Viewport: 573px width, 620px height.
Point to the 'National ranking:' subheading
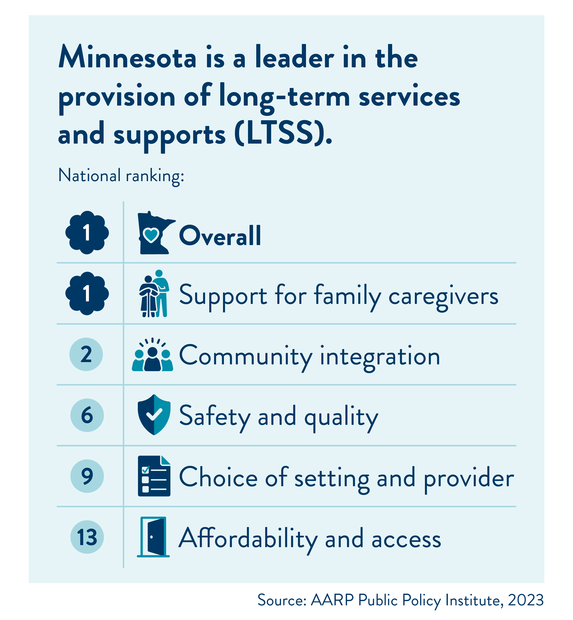121,176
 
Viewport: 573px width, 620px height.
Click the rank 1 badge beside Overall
87,233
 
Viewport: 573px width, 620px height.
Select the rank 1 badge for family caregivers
87,293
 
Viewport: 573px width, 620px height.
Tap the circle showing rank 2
86,354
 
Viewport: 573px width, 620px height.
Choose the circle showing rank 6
87,415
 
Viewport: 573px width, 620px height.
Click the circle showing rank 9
87,476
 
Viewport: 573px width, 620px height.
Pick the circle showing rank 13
87,537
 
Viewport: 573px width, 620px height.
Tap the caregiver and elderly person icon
154,293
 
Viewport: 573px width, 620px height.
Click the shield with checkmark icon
154,415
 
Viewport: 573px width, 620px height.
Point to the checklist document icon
154,476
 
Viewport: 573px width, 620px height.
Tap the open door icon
153,537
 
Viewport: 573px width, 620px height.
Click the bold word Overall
220,235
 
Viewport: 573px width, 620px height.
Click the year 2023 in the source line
526,600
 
